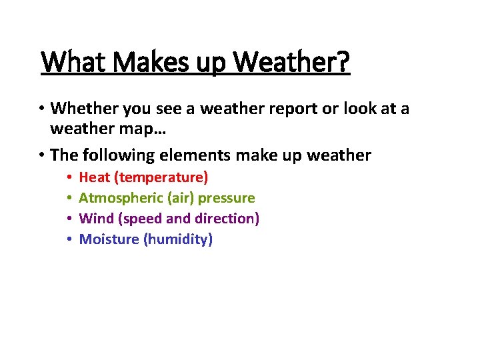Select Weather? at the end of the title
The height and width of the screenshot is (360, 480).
(x=293, y=63)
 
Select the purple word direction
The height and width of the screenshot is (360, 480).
(x=227, y=219)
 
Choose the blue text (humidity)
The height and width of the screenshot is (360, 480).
(x=178, y=239)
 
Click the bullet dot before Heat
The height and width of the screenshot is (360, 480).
(x=69, y=178)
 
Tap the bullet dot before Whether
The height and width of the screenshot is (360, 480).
(x=41, y=109)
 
